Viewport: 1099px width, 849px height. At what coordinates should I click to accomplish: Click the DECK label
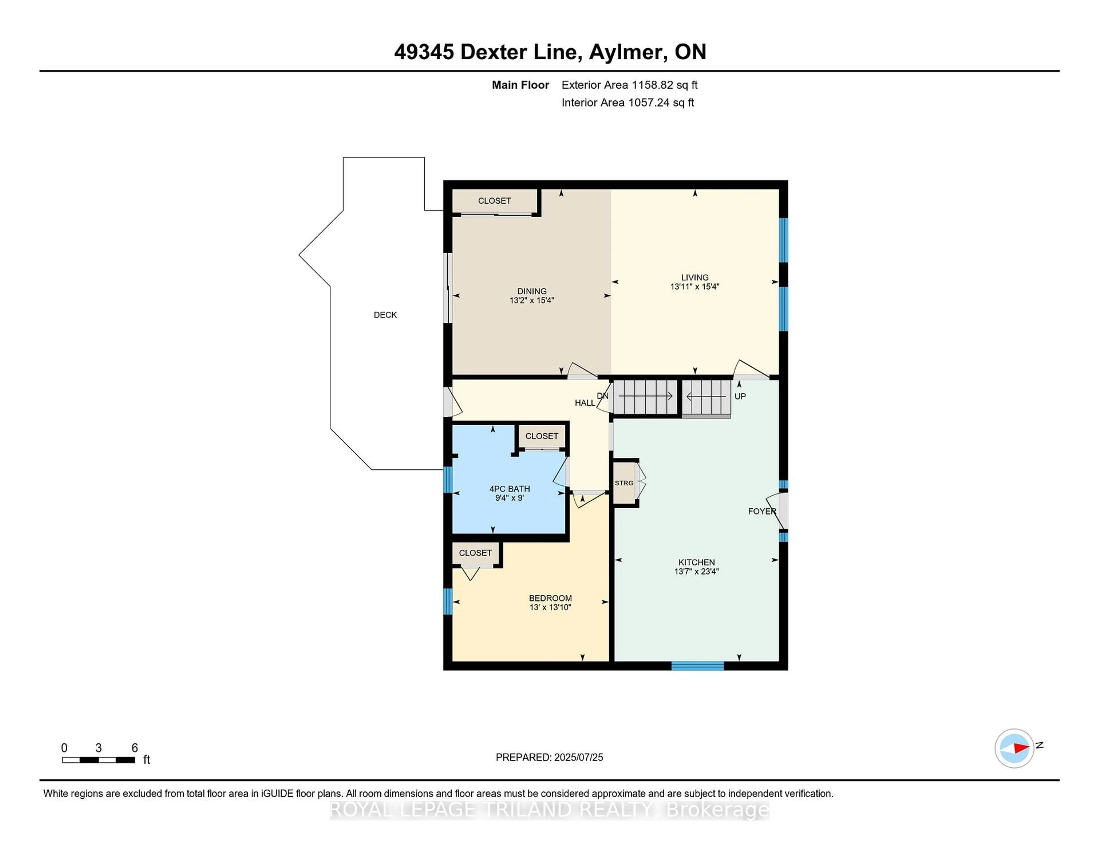(x=385, y=315)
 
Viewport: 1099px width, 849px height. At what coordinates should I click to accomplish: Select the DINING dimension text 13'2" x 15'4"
(x=531, y=300)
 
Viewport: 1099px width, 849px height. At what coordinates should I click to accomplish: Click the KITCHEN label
(x=696, y=562)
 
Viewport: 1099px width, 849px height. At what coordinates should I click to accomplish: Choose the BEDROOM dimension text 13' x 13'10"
(x=550, y=607)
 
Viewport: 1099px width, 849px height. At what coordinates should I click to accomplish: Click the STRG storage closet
(x=624, y=483)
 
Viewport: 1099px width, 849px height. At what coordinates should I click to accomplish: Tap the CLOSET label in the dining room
(x=494, y=201)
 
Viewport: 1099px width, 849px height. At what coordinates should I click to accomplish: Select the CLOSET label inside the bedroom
(x=475, y=553)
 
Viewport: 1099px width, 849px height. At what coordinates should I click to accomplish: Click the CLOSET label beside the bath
(x=541, y=436)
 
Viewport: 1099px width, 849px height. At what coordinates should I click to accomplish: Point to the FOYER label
(x=761, y=511)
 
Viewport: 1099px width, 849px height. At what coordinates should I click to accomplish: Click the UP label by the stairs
(x=740, y=396)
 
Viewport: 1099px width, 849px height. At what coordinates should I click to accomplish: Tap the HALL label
(x=585, y=403)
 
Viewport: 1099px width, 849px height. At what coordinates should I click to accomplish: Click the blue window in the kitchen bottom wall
(x=697, y=666)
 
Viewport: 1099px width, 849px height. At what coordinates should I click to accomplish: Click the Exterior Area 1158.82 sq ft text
(x=629, y=85)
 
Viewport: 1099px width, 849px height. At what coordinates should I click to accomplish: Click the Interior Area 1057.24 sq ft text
(x=628, y=103)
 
